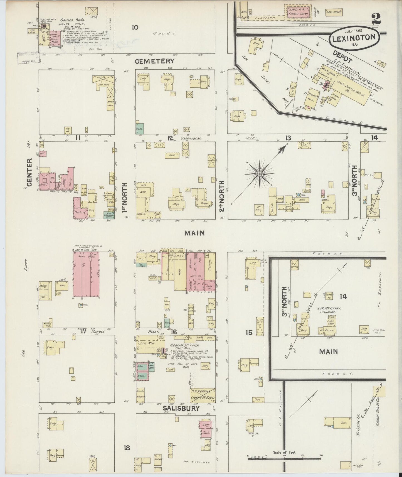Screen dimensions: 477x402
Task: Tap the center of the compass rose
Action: pyautogui.click(x=259, y=174)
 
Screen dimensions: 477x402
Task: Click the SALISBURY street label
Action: pyautogui.click(x=181, y=408)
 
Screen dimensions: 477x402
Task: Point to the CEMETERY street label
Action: pyautogui.click(x=155, y=61)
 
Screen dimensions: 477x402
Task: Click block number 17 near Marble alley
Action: pyautogui.click(x=83, y=331)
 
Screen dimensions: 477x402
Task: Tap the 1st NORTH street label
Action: pyautogui.click(x=125, y=197)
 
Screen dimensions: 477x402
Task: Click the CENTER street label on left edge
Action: pyautogui.click(x=30, y=173)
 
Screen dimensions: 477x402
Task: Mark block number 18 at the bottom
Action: pyautogui.click(x=127, y=448)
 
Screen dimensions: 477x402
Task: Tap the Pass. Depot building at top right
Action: pyautogui.click(x=334, y=12)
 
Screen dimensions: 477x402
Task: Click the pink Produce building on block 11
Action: pyautogui.click(x=80, y=212)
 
